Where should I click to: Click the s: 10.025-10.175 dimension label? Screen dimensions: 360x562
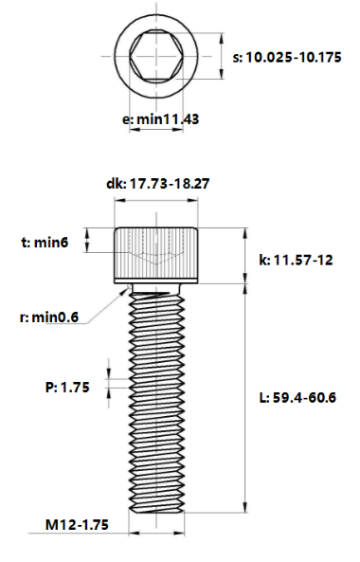[x=287, y=58]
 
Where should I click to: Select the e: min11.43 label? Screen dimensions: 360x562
[x=160, y=119]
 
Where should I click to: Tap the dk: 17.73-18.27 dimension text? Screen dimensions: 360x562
[x=158, y=184]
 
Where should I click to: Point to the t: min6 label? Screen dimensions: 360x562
[x=45, y=243]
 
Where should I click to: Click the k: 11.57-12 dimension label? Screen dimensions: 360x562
[x=296, y=260]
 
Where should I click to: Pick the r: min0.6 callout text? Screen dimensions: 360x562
[x=49, y=317]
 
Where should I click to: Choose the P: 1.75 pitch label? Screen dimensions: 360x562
[x=67, y=388]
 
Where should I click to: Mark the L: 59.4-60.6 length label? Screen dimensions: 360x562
[x=297, y=397]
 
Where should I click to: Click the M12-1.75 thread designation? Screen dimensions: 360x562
[x=77, y=525]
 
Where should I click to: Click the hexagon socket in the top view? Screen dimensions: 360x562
[x=156, y=56]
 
